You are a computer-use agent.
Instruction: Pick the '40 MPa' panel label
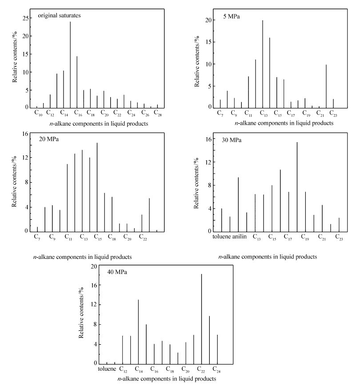tap(117, 272)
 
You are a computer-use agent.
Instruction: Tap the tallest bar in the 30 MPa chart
tap(297, 187)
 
